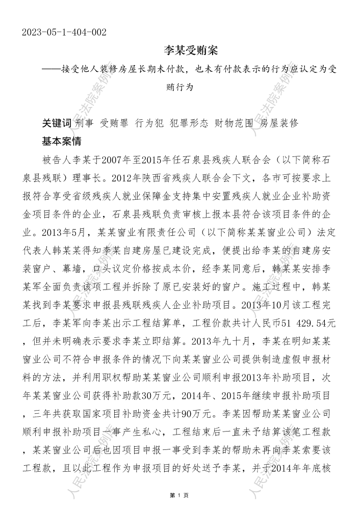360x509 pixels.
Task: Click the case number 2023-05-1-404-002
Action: coord(64,33)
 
